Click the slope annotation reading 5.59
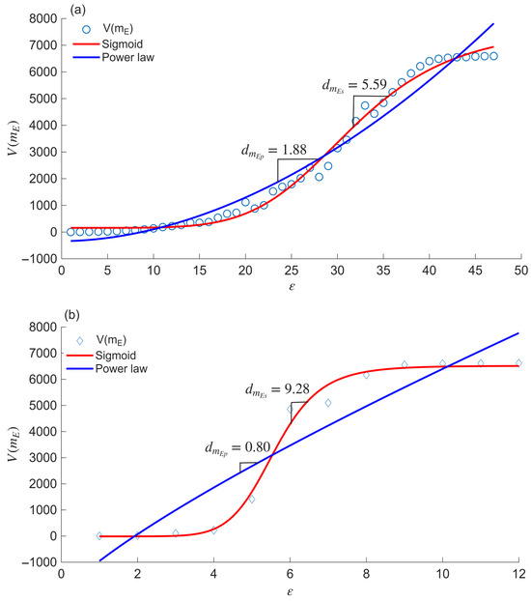point(354,85)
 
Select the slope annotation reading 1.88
point(274,151)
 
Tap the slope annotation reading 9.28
point(277,390)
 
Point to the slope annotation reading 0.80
point(238,448)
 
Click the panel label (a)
point(77,11)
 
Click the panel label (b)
point(72,315)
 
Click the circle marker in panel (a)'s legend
point(86,29)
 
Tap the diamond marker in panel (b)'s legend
point(80,341)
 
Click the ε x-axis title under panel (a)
point(292,286)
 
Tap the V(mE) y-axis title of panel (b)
point(13,444)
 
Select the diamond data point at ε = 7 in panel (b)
point(328,403)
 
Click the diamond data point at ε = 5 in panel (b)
point(252,500)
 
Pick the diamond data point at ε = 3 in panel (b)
point(176,533)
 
